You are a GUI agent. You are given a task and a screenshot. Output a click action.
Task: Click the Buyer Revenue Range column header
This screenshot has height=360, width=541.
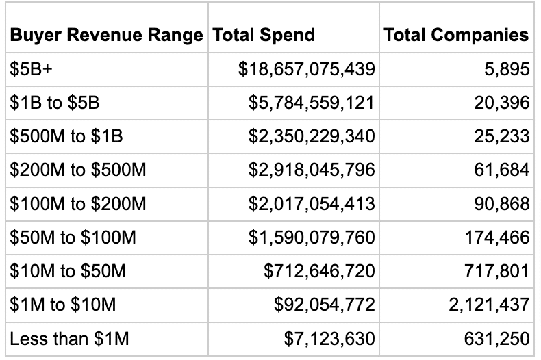click(x=106, y=35)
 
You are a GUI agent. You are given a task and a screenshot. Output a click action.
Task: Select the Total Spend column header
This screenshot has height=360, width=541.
click(x=264, y=35)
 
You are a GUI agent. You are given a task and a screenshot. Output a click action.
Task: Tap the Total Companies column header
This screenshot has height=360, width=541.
click(x=456, y=35)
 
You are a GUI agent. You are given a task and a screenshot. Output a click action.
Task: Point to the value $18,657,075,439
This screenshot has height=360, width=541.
click(x=306, y=69)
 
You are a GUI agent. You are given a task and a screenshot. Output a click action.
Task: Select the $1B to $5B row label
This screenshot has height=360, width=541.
click(x=55, y=103)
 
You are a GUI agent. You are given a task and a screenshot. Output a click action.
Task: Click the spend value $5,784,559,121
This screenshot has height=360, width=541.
click(x=312, y=103)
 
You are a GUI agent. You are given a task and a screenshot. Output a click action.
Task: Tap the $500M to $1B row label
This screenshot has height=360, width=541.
click(x=66, y=136)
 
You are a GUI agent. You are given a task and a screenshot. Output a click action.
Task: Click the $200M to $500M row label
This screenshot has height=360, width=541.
click(x=78, y=170)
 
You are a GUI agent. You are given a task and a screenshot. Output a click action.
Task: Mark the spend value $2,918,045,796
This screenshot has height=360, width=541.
click(x=312, y=170)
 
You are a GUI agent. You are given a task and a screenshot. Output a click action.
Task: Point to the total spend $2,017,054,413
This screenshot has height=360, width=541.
click(x=312, y=203)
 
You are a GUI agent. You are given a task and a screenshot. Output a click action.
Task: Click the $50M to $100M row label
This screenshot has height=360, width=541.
click(x=73, y=237)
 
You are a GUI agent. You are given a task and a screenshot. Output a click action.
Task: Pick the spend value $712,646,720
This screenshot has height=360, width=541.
click(x=319, y=271)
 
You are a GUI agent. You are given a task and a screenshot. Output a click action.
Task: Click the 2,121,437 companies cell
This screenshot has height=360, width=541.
click(x=489, y=305)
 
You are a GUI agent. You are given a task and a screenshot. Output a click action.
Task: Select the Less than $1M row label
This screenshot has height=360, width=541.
click(x=68, y=338)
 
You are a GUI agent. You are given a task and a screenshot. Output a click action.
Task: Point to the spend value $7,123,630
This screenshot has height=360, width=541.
click(x=329, y=338)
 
